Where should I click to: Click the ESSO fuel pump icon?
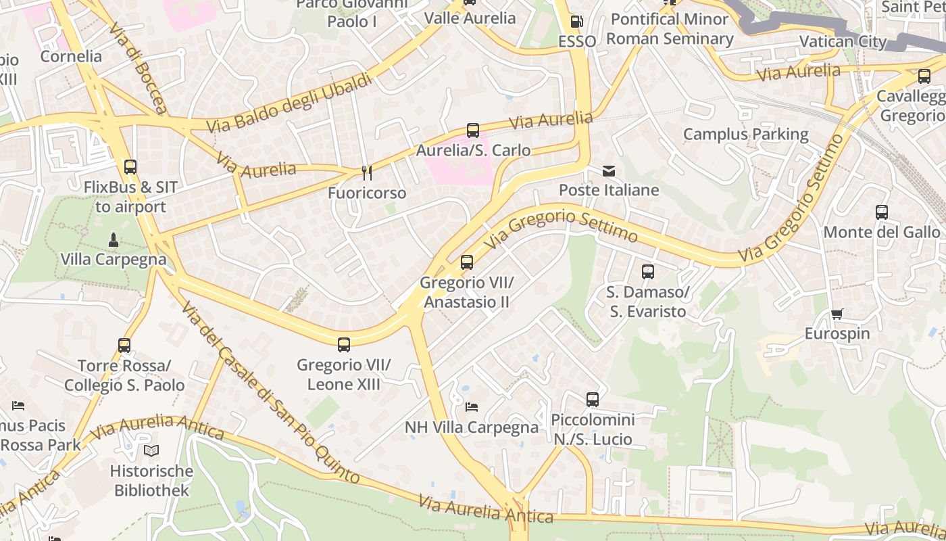pos(576,22)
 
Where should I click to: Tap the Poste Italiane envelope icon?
pos(609,170)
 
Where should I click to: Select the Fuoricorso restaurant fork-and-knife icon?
pos(366,173)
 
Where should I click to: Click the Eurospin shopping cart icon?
pos(837,313)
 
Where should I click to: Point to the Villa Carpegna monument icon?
pos(113,239)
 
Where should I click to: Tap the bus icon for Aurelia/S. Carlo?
pos(472,131)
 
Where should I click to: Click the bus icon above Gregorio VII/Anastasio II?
pos(466,262)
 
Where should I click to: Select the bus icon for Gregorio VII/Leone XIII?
pos(343,345)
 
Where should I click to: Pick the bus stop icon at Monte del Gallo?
pos(881,212)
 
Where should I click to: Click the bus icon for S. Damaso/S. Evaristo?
pos(647,272)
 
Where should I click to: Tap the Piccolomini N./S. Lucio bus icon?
pos(592,400)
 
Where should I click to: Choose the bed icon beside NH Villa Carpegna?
pos(472,407)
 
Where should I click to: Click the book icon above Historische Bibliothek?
pos(151,451)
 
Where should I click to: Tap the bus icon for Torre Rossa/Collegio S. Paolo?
pos(124,346)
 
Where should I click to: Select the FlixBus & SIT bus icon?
pos(130,167)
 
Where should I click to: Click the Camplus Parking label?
pos(745,134)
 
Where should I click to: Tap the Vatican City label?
pos(842,41)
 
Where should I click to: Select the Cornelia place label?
pos(71,56)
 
